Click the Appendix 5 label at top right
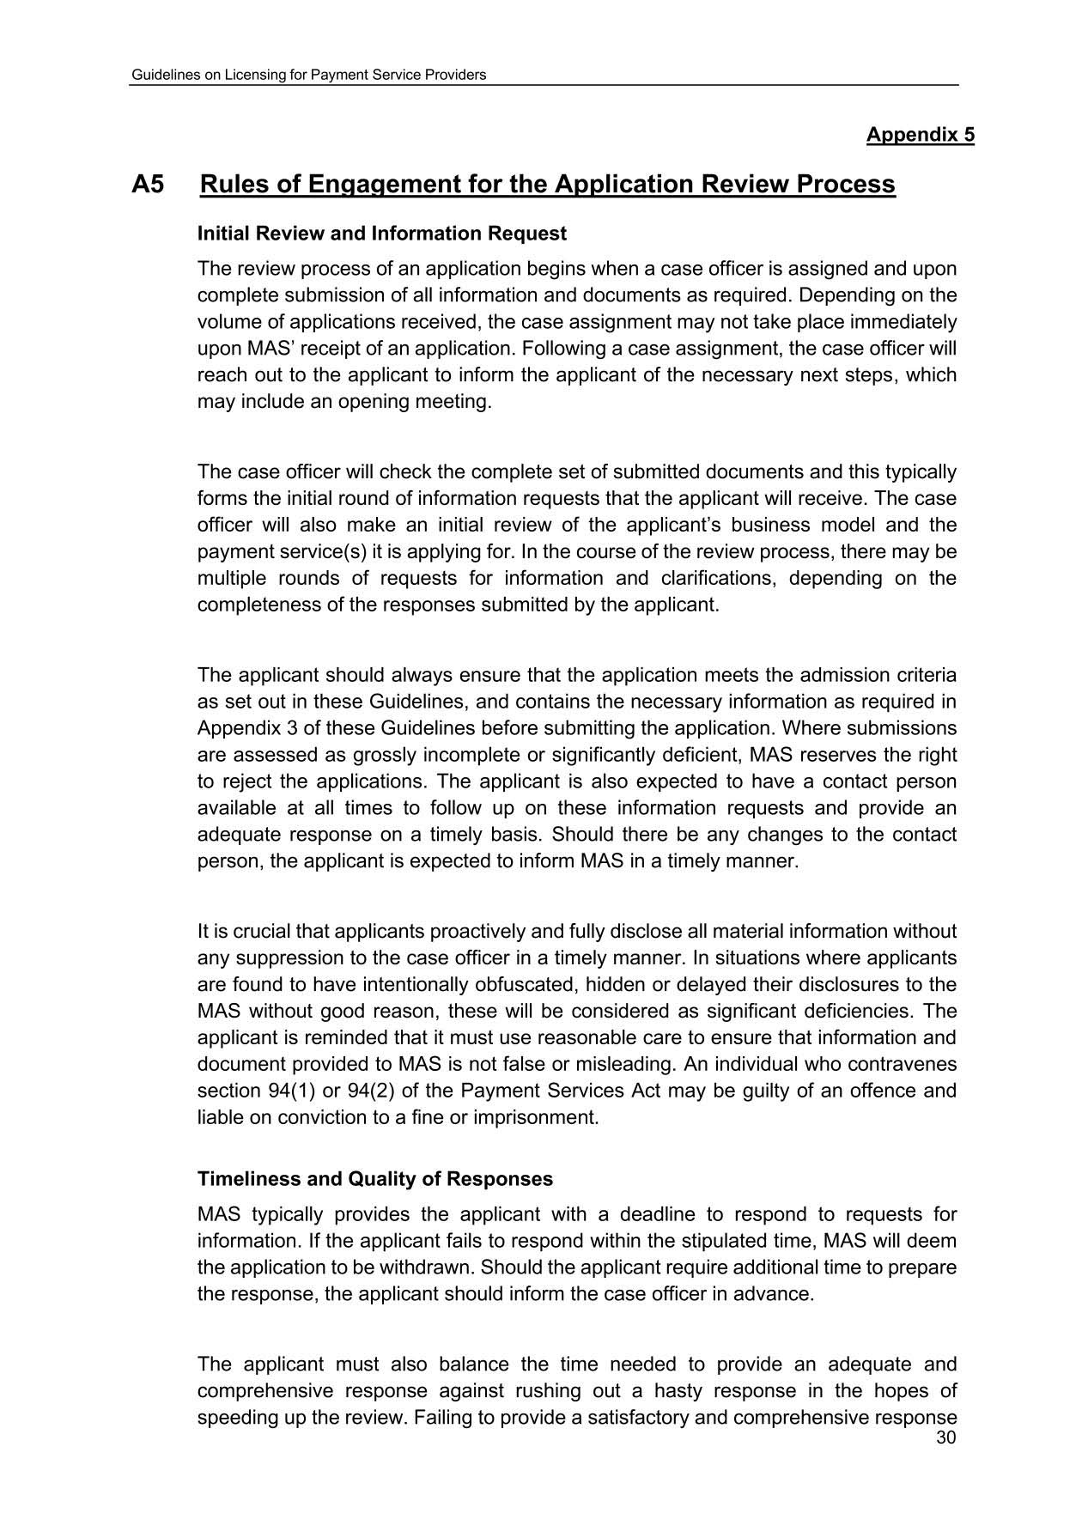(x=920, y=135)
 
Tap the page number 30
(x=946, y=1438)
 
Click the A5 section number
(x=148, y=185)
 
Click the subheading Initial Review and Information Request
(x=382, y=234)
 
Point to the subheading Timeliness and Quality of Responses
(x=375, y=1179)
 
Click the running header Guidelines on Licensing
(x=308, y=75)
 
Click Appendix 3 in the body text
(x=245, y=728)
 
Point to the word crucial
(x=263, y=931)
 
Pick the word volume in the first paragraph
(x=227, y=322)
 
